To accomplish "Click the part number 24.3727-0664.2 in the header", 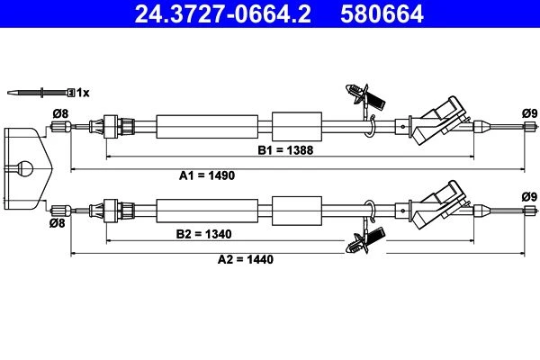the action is [223, 13].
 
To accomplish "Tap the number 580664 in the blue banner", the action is [382, 13].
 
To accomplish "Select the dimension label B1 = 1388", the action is [285, 150].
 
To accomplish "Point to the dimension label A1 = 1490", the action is [207, 175].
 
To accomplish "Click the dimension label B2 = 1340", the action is [204, 234].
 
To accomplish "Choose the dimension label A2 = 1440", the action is [245, 259].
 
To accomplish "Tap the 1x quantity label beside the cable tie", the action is [83, 93].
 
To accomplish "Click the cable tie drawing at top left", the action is [41, 93].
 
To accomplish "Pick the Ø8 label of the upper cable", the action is [60, 113].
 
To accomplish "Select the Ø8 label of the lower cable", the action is [58, 223].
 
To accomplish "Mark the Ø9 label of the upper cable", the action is [530, 113].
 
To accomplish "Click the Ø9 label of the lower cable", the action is [530, 197].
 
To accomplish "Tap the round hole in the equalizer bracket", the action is [24, 169].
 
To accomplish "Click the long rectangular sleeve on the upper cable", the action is [207, 127].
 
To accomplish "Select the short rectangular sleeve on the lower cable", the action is [297, 211].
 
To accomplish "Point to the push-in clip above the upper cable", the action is [364, 96].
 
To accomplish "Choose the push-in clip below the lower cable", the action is [365, 241].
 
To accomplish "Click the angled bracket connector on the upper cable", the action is [437, 121].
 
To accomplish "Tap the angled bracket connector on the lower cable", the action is [437, 204].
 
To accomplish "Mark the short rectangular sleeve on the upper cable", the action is [297, 126].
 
